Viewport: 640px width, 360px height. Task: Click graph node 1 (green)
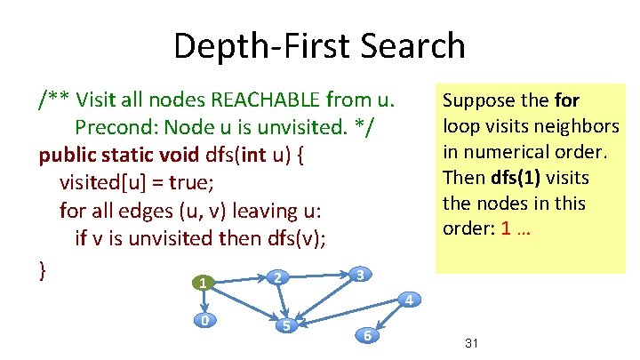coord(204,284)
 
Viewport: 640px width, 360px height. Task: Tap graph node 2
coord(276,278)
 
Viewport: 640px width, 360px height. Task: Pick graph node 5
coord(285,325)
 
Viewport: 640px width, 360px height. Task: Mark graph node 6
coord(366,335)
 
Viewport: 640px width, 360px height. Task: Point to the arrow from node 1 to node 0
coord(204,301)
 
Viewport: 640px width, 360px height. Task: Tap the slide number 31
coord(472,343)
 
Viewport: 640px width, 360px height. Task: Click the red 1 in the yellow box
coord(505,228)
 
